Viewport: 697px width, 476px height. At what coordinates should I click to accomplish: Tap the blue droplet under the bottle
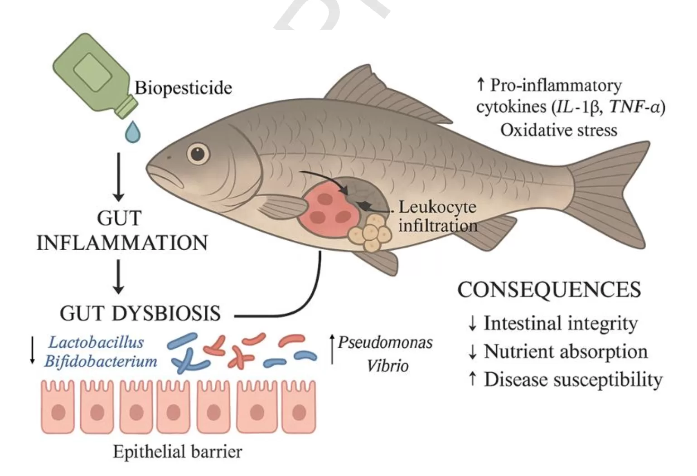pos(132,132)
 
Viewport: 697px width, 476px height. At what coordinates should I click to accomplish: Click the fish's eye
pos(198,154)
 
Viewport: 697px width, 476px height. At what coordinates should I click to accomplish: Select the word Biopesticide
pos(183,87)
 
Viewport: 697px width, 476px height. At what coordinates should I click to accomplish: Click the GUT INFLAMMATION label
pos(121,231)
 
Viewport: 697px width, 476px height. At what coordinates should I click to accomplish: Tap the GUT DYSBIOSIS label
pos(140,313)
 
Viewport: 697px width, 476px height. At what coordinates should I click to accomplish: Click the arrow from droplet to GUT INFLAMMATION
pos(119,176)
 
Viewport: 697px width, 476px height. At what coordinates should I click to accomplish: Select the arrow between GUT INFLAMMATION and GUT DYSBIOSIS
pos(119,276)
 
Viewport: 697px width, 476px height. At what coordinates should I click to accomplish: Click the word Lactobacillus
pos(96,342)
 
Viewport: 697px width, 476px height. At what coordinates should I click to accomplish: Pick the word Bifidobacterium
pos(101,361)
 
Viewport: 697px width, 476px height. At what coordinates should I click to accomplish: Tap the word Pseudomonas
pos(385,342)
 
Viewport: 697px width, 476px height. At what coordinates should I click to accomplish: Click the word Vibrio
pos(387,366)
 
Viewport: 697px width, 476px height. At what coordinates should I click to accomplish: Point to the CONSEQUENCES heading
pos(549,290)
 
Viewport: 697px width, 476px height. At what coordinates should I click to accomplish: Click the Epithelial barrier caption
pos(177,452)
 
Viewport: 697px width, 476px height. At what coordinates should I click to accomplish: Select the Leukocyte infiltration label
pos(437,216)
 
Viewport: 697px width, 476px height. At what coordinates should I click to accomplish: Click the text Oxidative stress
pos(558,130)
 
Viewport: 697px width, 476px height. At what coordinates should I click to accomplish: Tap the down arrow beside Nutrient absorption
pos(472,352)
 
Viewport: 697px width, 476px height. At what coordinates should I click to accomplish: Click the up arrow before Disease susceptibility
pos(472,379)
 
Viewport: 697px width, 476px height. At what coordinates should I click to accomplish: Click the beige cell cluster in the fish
pos(370,233)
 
